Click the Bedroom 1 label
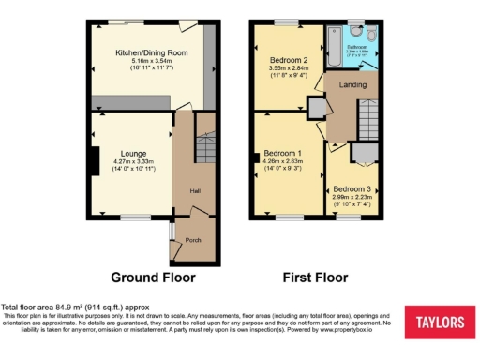282,153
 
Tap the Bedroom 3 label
352,187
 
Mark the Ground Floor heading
153,277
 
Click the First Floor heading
315,277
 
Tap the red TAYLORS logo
435,322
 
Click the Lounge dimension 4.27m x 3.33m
132,161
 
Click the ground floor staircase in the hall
204,143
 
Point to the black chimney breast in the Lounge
94,161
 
